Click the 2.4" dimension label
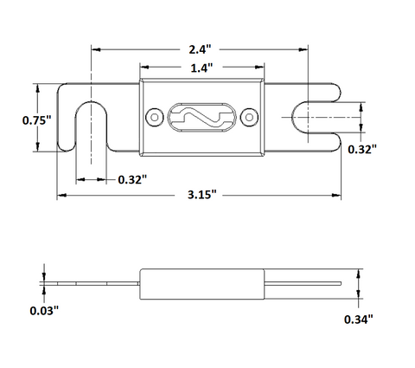point(200,49)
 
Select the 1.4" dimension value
point(201,68)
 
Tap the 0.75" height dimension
point(36,120)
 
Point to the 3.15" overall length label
point(201,195)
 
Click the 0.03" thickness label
point(44,311)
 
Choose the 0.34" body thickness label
point(359,320)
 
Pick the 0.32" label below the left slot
point(132,179)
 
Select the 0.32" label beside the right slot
point(362,149)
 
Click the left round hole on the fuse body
point(155,117)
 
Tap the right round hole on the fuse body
point(249,117)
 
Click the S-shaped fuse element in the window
point(201,118)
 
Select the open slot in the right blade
point(292,118)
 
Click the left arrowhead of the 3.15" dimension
point(61,196)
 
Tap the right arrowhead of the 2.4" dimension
point(303,49)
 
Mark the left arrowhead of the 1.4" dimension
point(144,68)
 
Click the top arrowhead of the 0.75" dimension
point(37,88)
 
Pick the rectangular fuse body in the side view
point(202,284)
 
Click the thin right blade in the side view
point(303,283)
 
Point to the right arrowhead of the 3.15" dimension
point(336,196)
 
